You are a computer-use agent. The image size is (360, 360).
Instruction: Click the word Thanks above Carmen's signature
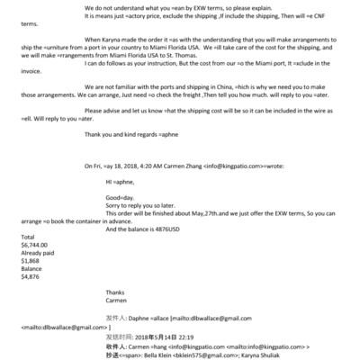point(116,292)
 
